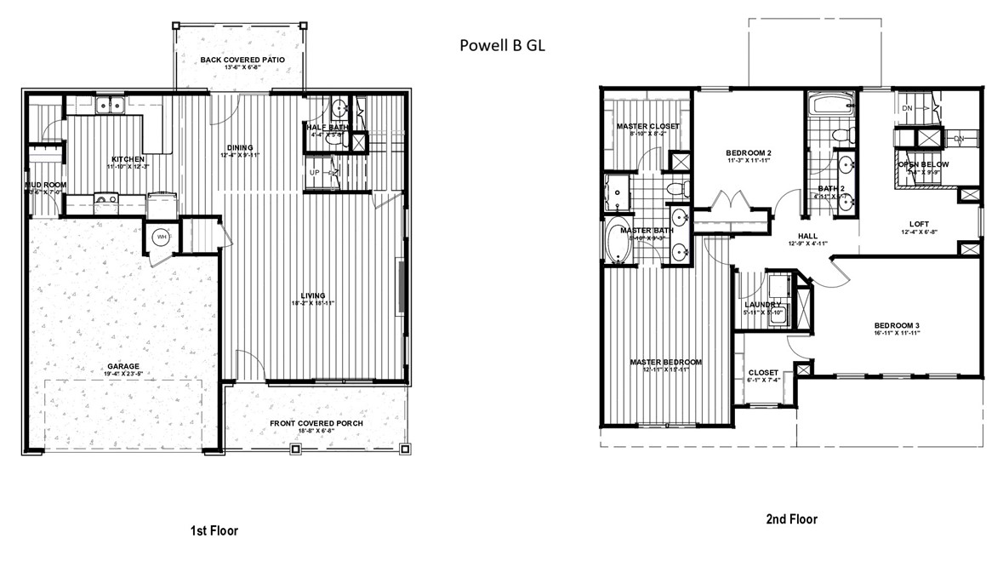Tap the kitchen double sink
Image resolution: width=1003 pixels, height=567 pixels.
pyautogui.click(x=111, y=106)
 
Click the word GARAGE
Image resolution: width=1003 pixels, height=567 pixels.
pyautogui.click(x=123, y=368)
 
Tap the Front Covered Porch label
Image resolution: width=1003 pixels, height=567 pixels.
pyautogui.click(x=316, y=423)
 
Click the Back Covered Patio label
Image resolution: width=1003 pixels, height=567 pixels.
pyautogui.click(x=242, y=60)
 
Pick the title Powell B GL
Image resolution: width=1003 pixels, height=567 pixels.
pyautogui.click(x=502, y=45)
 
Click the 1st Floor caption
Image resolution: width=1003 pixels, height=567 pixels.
pyautogui.click(x=214, y=530)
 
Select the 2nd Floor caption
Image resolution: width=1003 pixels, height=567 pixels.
pyautogui.click(x=791, y=518)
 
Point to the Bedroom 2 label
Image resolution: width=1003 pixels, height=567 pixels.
pyautogui.click(x=748, y=153)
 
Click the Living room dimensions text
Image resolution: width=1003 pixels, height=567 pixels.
pyautogui.click(x=309, y=303)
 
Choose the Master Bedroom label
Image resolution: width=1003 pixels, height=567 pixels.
pyautogui.click(x=666, y=362)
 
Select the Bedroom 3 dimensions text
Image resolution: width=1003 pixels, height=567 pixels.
pyautogui.click(x=897, y=335)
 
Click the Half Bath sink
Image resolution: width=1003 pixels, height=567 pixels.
pyautogui.click(x=339, y=108)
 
